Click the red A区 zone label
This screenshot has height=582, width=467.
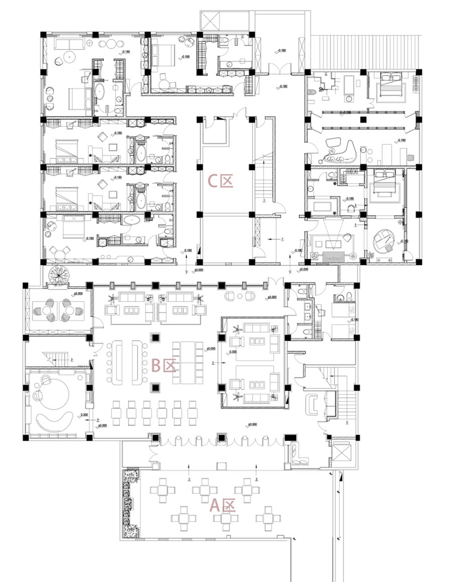[x=222, y=505]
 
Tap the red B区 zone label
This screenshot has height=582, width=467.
[x=163, y=365]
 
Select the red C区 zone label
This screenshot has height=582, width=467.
[x=220, y=180]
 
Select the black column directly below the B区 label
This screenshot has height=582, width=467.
[x=155, y=387]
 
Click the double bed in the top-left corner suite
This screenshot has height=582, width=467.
[x=78, y=99]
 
